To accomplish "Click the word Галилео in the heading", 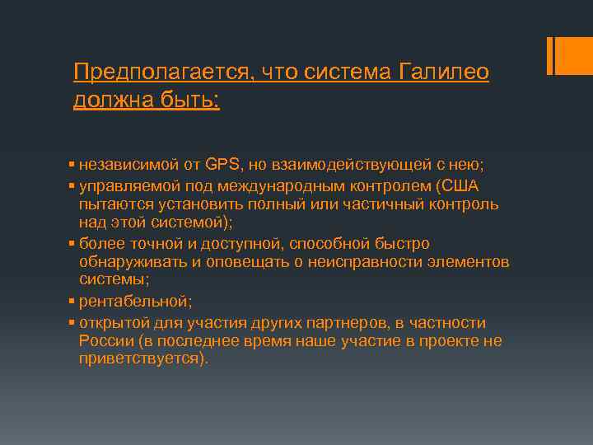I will [x=443, y=73].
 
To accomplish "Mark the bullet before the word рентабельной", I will [x=72, y=301].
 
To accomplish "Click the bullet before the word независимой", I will [x=72, y=162].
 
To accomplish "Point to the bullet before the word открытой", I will [x=72, y=322].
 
